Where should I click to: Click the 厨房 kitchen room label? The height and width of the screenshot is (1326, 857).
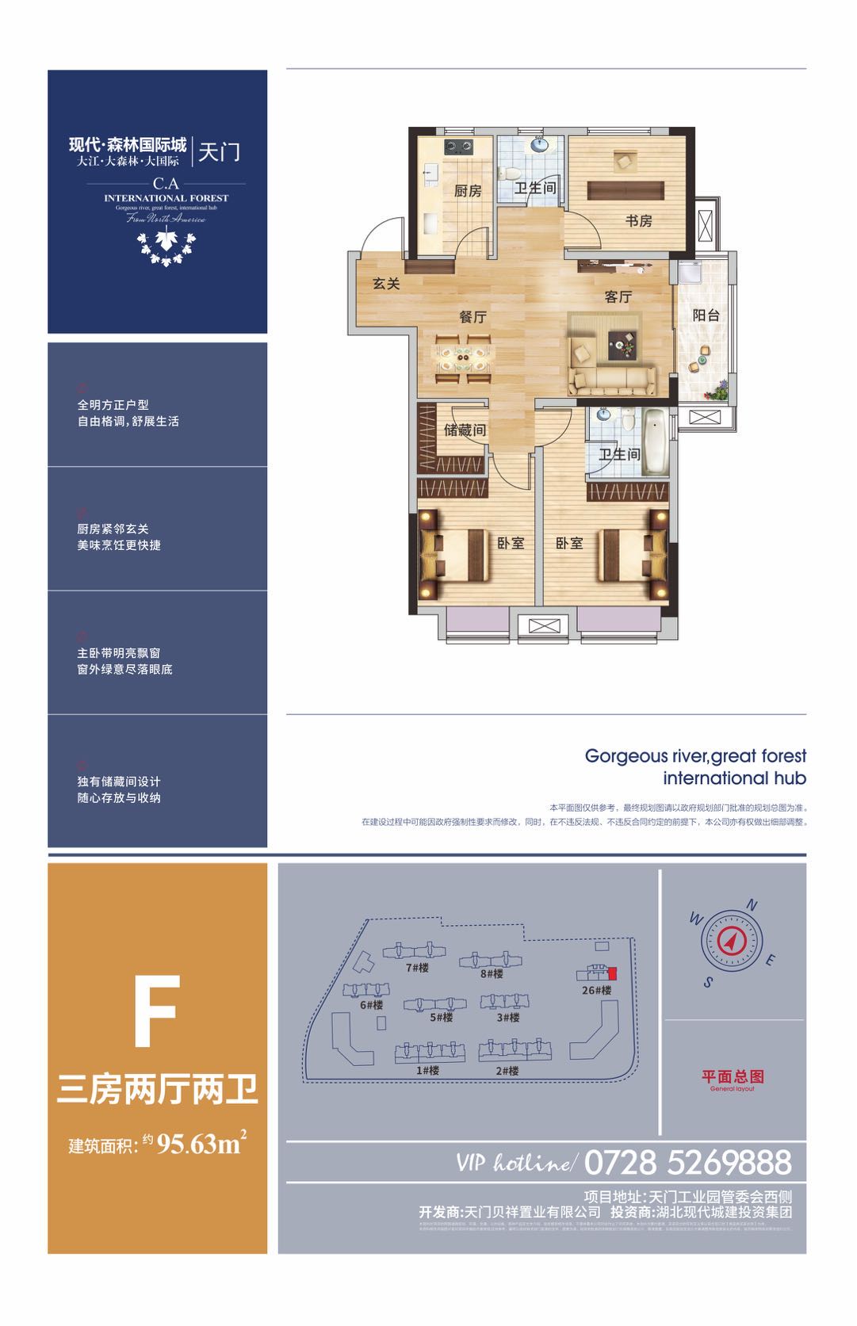pyautogui.click(x=468, y=191)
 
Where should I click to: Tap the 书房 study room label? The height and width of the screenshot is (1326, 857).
pyautogui.click(x=639, y=221)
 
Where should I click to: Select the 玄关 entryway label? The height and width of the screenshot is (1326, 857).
pyautogui.click(x=386, y=284)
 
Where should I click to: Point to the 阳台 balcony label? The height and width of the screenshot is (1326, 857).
pyautogui.click(x=706, y=315)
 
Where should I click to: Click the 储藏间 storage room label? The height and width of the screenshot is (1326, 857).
pyautogui.click(x=465, y=430)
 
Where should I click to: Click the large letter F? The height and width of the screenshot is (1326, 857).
pyautogui.click(x=157, y=1011)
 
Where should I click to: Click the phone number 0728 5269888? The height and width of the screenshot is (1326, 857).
pyautogui.click(x=687, y=1163)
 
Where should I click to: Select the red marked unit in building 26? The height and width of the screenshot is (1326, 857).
pyautogui.click(x=612, y=973)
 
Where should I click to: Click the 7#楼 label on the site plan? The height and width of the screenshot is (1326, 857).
pyautogui.click(x=417, y=968)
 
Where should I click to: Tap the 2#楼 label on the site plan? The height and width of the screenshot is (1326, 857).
pyautogui.click(x=507, y=1070)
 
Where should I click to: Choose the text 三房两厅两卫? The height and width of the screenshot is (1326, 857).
pyautogui.click(x=157, y=1091)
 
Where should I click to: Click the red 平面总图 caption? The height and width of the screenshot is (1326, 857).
pyautogui.click(x=733, y=1076)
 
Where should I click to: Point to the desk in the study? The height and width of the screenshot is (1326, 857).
pyautogui.click(x=626, y=191)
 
